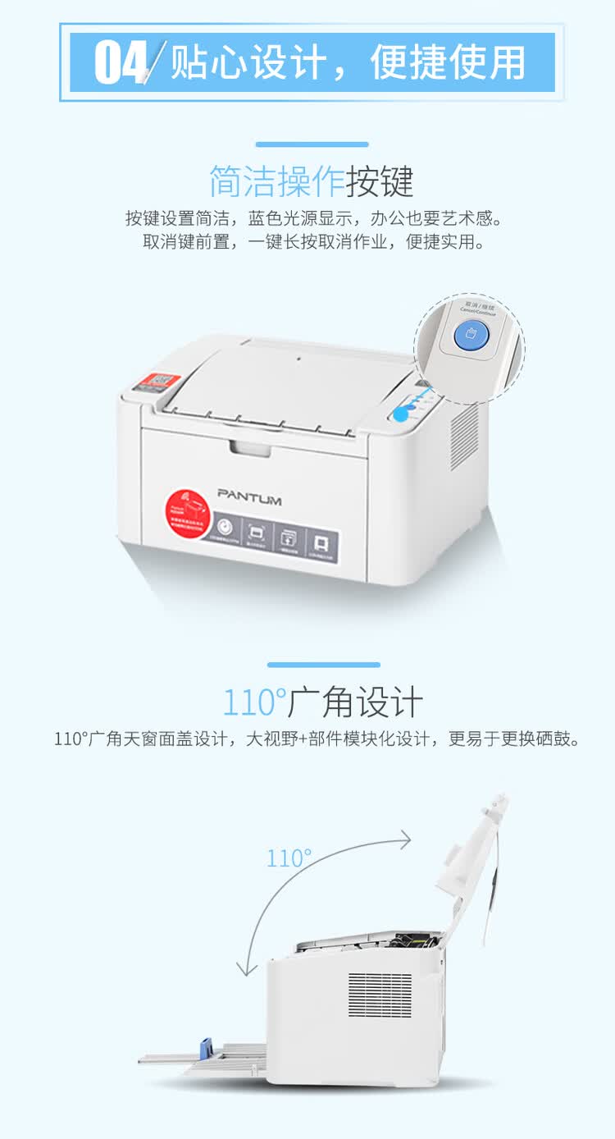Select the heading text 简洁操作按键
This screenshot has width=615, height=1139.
[311, 181]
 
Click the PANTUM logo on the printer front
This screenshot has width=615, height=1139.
[249, 497]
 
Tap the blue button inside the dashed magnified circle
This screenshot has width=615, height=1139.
[471, 336]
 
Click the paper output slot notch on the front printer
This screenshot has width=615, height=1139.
[249, 447]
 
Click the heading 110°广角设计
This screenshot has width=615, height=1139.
[322, 703]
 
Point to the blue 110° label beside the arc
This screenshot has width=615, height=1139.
[289, 858]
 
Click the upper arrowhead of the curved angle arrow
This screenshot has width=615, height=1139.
[404, 838]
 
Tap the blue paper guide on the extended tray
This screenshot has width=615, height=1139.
[206, 1048]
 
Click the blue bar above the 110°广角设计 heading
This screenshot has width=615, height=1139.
[323, 665]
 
